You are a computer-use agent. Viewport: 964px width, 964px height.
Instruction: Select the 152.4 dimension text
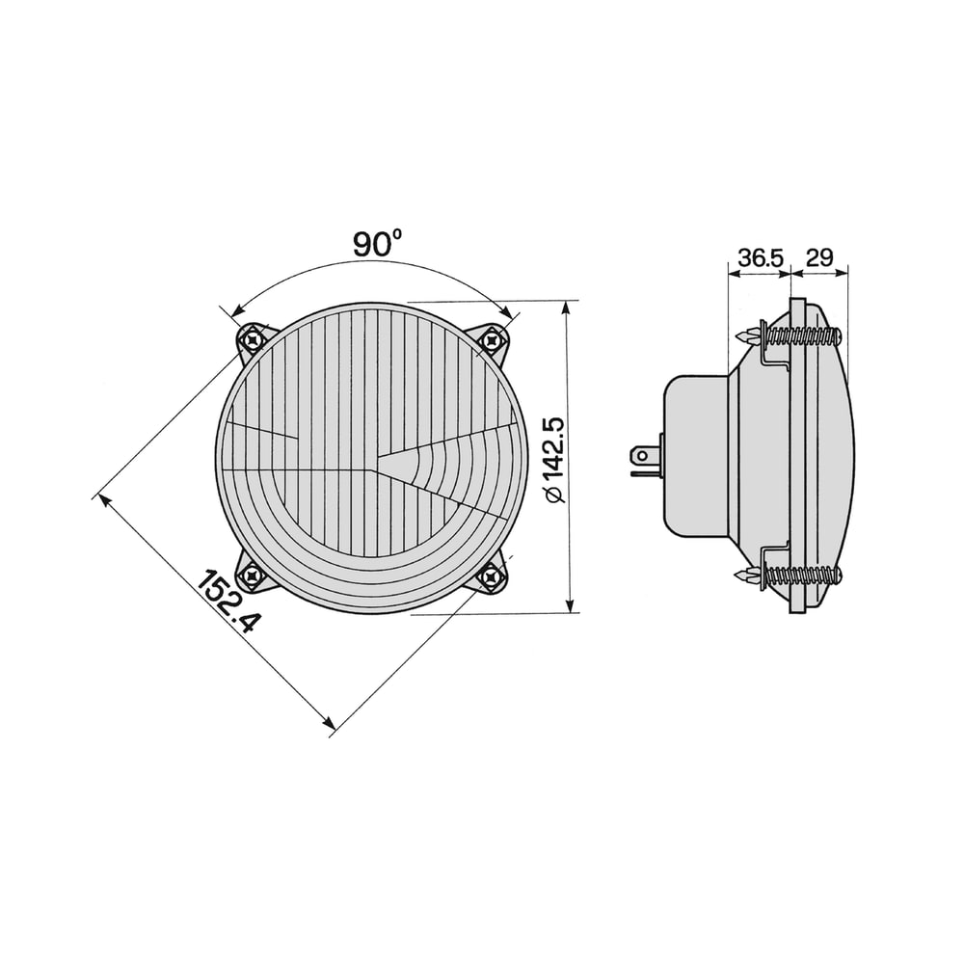pyautogui.click(x=228, y=602)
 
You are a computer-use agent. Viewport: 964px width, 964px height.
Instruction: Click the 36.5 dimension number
pyautogui.click(x=762, y=257)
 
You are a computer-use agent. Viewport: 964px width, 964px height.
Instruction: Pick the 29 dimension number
pyautogui.click(x=818, y=257)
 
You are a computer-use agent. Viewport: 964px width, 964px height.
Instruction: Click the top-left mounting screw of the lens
pyautogui.click(x=252, y=338)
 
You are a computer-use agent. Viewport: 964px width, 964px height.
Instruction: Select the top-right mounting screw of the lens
pyautogui.click(x=491, y=339)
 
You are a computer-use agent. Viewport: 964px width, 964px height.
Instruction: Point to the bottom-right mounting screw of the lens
pyautogui.click(x=491, y=576)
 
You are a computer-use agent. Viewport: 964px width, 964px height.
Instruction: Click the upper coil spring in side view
pyautogui.click(x=802, y=335)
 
